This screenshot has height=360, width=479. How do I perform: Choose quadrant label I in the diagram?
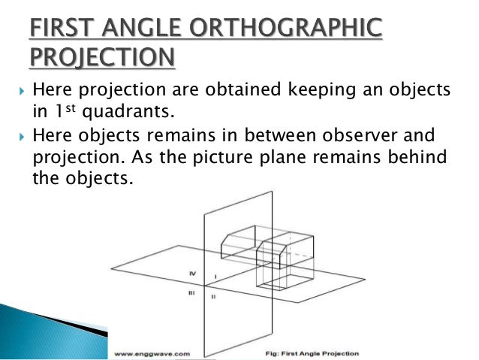point(216,277)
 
